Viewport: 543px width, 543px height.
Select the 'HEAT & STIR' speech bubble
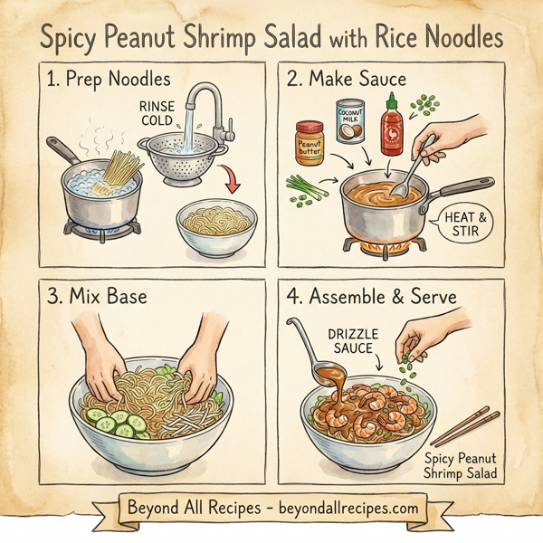456,224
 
